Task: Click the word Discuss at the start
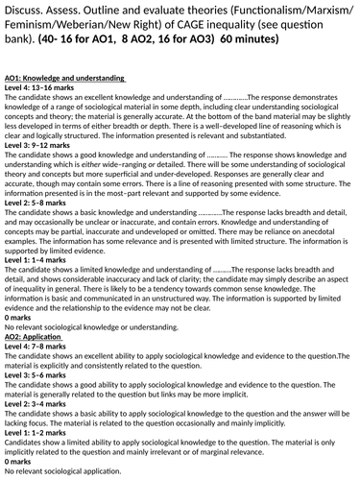pos(21,11)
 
